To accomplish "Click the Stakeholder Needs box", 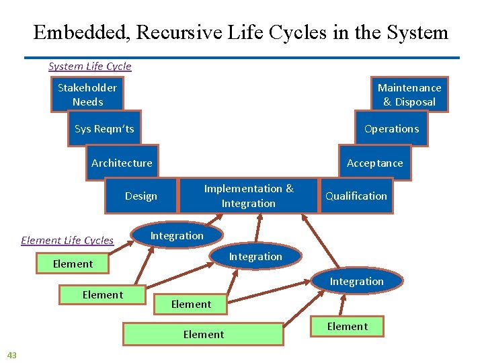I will click(x=87, y=95).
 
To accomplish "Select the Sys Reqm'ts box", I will click(x=104, y=129).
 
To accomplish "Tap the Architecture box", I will click(x=122, y=163).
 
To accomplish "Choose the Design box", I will click(x=141, y=196).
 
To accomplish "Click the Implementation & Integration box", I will click(x=249, y=196).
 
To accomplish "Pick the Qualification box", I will click(x=356, y=196).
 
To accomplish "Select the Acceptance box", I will click(x=374, y=163).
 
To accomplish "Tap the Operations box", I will click(x=391, y=129).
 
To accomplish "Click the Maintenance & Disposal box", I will click(x=409, y=95).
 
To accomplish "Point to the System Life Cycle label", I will click(x=90, y=67).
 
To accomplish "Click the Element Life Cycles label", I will click(x=67, y=241).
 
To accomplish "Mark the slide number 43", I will click(x=11, y=354).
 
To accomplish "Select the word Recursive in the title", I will click(x=175, y=33).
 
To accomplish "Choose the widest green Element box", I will click(x=203, y=334).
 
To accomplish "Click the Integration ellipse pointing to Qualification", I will click(x=356, y=282).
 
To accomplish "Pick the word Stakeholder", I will click(x=87, y=88).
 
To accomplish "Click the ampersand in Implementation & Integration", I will click(x=290, y=189).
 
